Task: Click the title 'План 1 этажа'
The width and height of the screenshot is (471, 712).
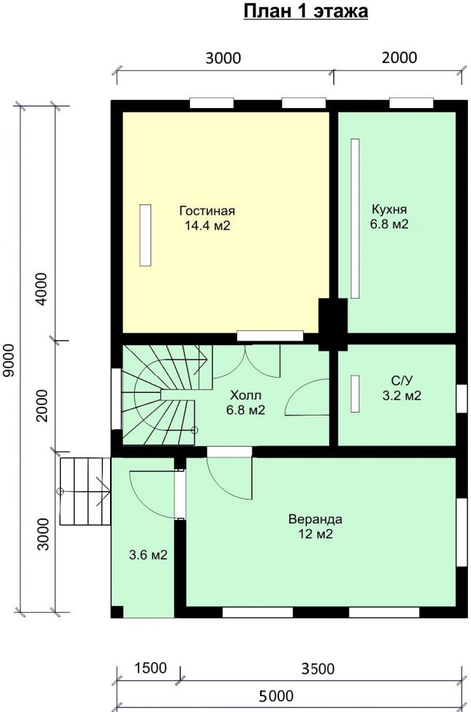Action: click(306, 12)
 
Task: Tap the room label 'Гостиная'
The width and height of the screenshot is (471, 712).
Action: click(207, 211)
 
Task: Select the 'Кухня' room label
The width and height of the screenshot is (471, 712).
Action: click(389, 210)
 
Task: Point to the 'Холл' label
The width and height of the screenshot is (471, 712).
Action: click(246, 394)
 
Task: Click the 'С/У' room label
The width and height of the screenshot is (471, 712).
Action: click(401, 381)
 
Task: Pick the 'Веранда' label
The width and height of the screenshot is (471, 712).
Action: click(315, 519)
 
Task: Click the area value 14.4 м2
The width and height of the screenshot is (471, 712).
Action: click(207, 225)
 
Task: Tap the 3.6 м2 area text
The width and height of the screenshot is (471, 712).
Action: click(149, 555)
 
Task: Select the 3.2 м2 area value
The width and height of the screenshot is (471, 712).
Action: click(401, 395)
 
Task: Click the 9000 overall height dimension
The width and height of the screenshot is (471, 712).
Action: click(9, 360)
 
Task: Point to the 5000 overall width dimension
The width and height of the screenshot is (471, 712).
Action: click(276, 696)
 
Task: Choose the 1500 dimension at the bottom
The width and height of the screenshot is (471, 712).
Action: click(151, 668)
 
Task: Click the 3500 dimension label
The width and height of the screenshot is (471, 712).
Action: click(317, 669)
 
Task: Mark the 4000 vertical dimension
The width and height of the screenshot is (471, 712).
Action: click(42, 289)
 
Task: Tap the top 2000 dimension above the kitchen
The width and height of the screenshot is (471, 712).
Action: click(399, 58)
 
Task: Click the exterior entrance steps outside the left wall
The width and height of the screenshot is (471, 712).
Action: click(86, 492)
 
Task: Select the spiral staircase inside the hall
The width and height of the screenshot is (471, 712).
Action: click(166, 394)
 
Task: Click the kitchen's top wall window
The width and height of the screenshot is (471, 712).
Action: click(412, 103)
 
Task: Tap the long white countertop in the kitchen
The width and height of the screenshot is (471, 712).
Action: click(355, 219)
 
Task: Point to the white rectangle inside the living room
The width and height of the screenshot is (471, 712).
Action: click(145, 235)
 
